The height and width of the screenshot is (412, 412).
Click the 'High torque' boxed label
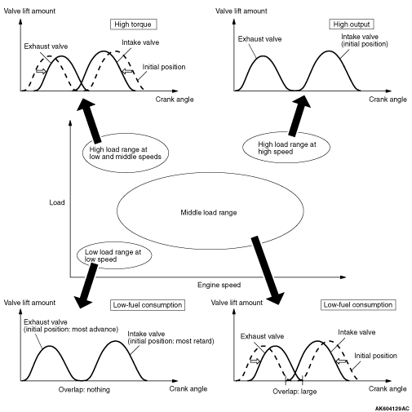click(134, 24)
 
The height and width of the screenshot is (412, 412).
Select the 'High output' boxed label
click(352, 24)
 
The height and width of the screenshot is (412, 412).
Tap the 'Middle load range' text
click(209, 212)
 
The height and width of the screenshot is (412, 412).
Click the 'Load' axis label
click(57, 202)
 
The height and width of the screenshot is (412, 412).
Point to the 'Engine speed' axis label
click(219, 285)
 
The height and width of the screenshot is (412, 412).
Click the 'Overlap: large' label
click(295, 392)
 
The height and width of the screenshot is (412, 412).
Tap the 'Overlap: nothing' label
click(84, 390)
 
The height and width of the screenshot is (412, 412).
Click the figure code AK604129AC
click(392, 409)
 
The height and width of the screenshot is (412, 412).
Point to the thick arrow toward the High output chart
click(299, 116)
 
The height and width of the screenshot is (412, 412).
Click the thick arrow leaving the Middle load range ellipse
click(267, 271)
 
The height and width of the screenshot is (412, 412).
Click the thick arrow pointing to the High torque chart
click(89, 121)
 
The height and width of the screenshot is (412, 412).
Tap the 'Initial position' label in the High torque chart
click(164, 67)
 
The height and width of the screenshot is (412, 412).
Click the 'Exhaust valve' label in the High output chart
click(259, 39)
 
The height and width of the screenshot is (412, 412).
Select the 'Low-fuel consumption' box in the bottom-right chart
click(358, 304)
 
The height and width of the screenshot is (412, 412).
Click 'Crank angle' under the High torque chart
click(175, 100)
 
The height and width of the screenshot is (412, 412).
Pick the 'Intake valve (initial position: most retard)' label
click(171, 338)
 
